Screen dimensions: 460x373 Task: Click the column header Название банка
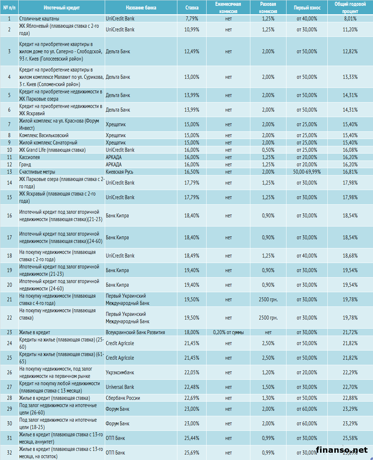141,8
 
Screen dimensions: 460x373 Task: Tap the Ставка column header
192,8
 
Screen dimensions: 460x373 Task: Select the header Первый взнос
307,8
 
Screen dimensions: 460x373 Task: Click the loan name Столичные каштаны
39,19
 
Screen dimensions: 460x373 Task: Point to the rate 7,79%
192,19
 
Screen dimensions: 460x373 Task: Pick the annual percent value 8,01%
350,19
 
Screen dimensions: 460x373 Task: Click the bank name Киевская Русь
119,172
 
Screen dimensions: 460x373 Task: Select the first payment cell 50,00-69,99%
307,172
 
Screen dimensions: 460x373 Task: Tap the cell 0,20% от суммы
228,332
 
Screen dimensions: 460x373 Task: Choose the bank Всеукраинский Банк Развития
135,332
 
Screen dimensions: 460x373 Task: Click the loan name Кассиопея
30,157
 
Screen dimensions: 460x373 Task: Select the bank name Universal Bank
120,387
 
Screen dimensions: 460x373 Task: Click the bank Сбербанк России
123,398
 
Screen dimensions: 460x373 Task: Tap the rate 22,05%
192,372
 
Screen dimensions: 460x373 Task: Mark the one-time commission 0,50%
268,150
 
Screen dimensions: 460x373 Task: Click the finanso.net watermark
342,450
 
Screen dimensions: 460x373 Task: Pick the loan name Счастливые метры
37,172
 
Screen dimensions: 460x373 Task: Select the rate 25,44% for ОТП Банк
192,438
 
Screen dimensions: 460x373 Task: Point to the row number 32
9,453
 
